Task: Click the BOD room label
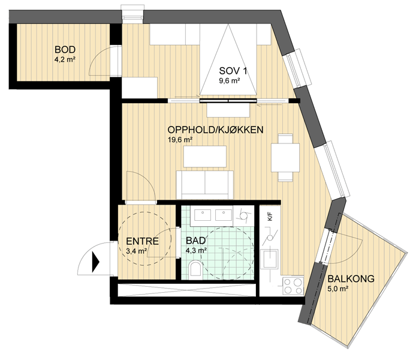[65, 50]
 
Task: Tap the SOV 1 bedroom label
[233, 71]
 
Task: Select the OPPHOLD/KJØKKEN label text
[215, 130]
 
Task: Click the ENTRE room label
[142, 241]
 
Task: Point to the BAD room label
[196, 241]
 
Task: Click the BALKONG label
[351, 279]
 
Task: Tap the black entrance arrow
[95, 262]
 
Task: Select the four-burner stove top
[293, 286]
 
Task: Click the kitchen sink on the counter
[270, 259]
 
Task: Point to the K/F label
[270, 216]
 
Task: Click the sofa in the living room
[204, 185]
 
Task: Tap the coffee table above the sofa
[205, 157]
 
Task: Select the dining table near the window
[285, 158]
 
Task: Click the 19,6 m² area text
[180, 140]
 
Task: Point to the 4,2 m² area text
[65, 59]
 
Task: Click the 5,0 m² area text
[337, 289]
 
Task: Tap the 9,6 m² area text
[229, 80]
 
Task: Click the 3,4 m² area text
[136, 251]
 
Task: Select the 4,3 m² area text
[196, 250]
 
